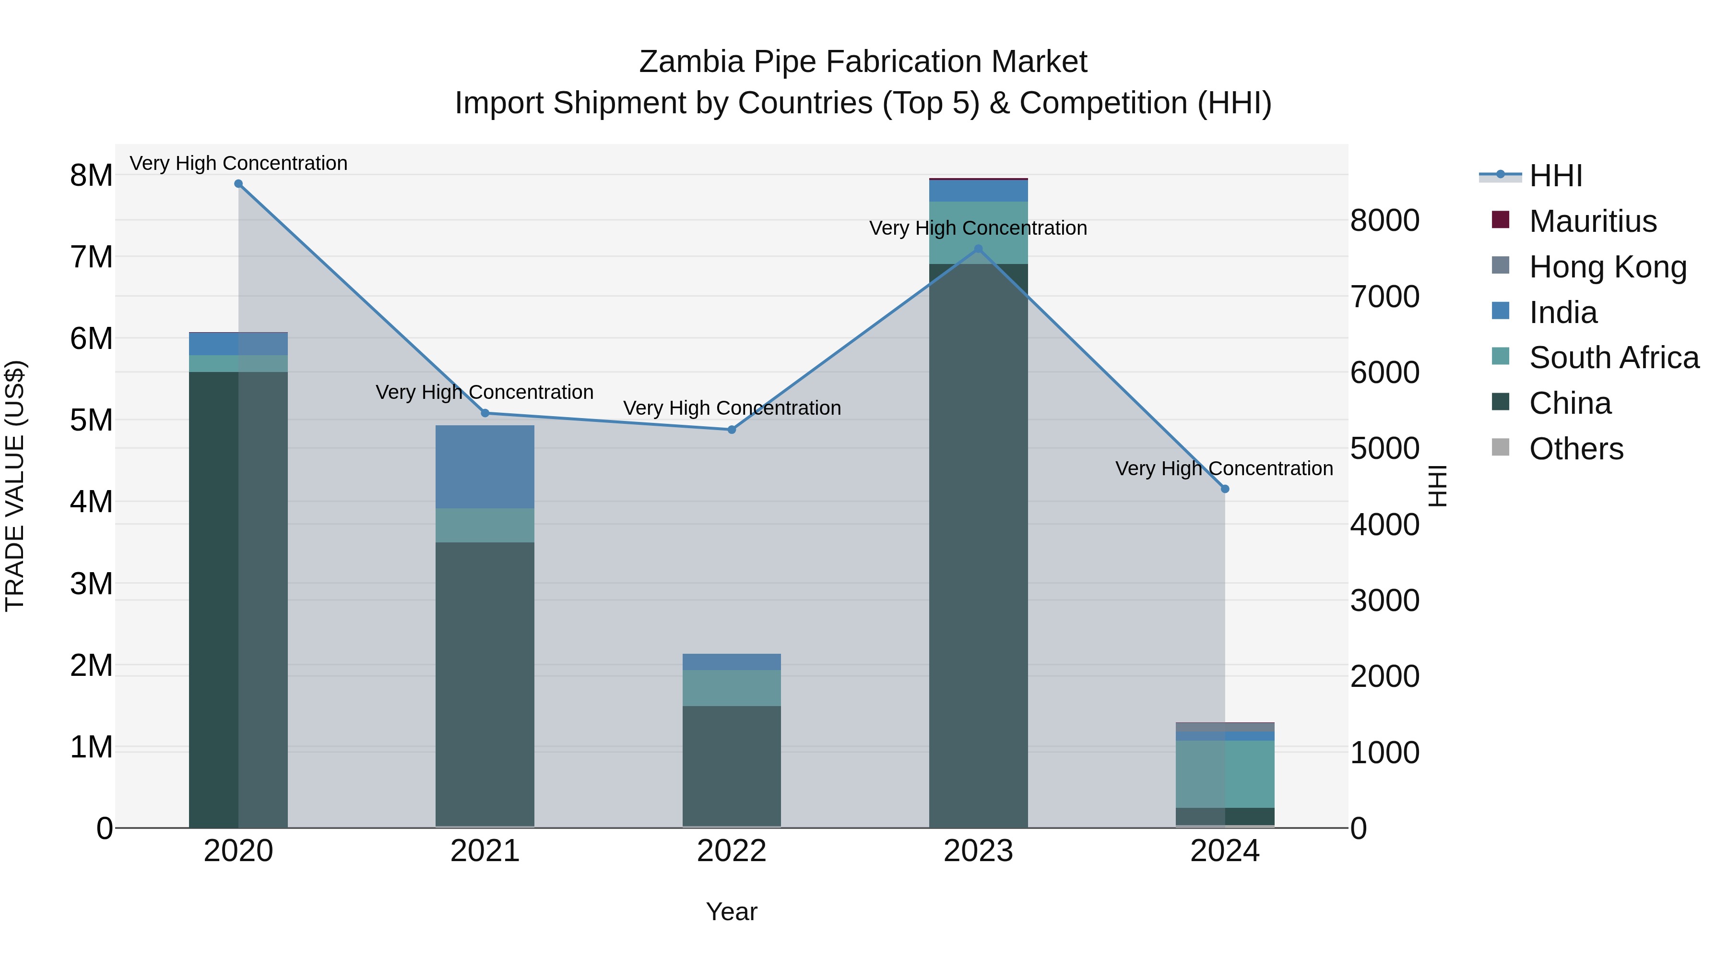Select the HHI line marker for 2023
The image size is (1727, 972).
978,249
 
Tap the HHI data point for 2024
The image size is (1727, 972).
1225,489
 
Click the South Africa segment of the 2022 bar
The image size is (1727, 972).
732,687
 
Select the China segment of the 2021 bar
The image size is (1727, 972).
485,684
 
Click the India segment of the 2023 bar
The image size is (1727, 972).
978,191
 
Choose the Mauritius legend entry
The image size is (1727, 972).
1592,221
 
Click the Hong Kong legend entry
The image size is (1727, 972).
1607,266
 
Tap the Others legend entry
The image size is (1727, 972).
1575,448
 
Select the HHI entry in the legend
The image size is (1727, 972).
1555,176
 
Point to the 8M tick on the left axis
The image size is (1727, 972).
91,175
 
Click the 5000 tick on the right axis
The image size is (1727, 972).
1384,448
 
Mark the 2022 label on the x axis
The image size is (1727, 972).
732,851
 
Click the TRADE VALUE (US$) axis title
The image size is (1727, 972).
15,486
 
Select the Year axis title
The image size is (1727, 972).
732,912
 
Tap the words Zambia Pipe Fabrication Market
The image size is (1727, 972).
863,62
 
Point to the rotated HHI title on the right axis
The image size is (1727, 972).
1437,486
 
